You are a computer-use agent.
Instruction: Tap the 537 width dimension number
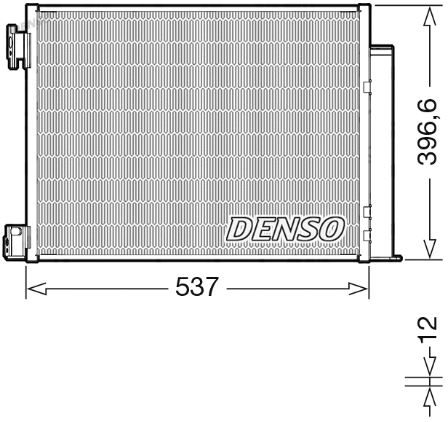pos(197,288)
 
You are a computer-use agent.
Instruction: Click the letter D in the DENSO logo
pos(239,229)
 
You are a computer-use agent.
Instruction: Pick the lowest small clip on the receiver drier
pos(367,234)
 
